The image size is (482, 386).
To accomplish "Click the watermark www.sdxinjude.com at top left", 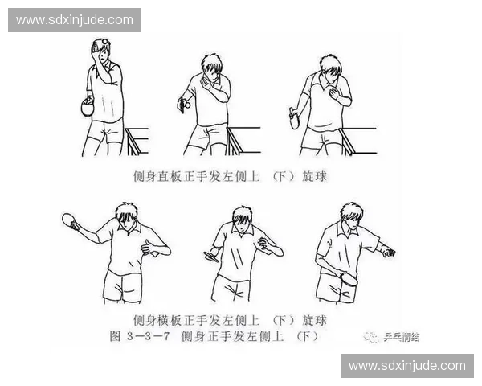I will pos(74,19).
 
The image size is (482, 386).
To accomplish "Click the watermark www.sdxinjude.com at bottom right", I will pos(407,366).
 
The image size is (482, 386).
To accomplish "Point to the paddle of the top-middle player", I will pos(184,103).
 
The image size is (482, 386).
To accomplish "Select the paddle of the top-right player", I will pos(292,120).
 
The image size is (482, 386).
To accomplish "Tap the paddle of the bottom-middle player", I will pos(213,257).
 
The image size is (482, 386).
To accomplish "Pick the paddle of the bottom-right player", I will pos(349,279).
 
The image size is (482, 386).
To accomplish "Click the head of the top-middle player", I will pos(211,68).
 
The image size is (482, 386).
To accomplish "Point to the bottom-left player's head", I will pos(125,218).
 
